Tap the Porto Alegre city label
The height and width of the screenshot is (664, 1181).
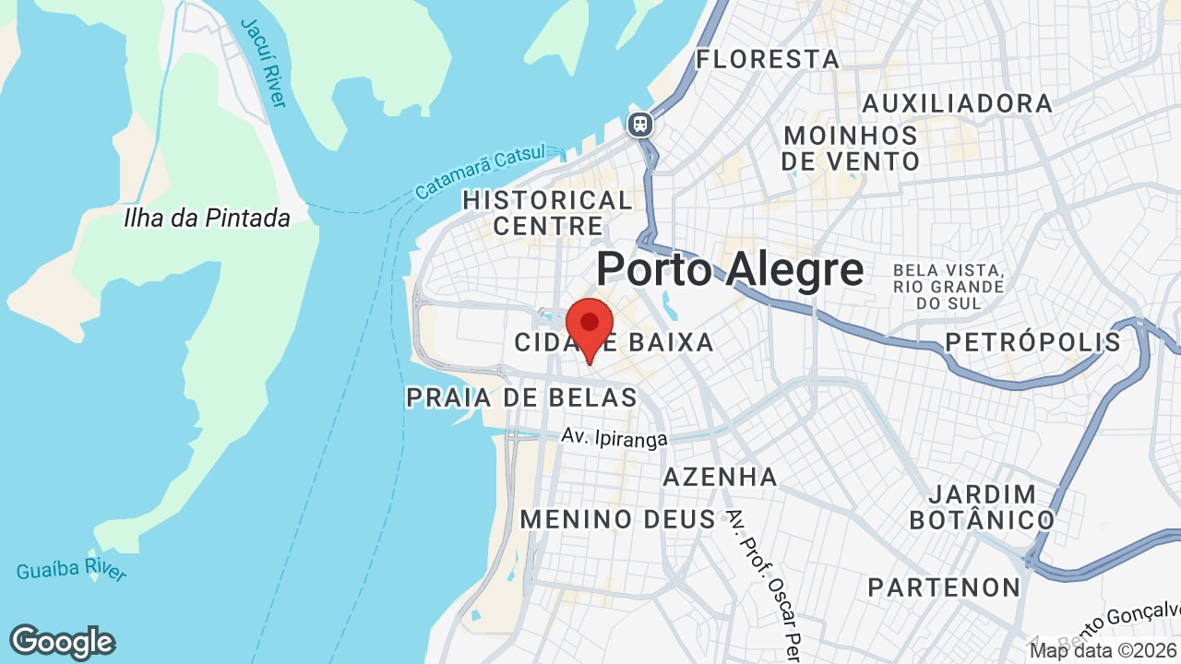tap(730, 269)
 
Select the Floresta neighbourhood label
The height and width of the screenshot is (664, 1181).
tap(768, 60)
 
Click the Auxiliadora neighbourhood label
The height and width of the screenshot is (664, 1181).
tap(957, 103)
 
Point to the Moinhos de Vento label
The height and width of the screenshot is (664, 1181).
tap(851, 148)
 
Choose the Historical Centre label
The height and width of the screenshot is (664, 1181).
tap(547, 212)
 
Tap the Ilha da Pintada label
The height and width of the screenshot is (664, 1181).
tap(207, 219)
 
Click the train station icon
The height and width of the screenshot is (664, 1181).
tap(639, 125)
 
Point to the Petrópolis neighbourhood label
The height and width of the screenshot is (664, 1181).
tap(1032, 343)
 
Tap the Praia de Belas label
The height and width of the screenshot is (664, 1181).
tap(521, 397)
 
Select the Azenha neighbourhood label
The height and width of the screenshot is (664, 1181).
tap(721, 477)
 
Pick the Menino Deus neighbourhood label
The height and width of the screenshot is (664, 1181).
tap(618, 519)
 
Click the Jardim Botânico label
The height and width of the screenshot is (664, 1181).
tap(982, 507)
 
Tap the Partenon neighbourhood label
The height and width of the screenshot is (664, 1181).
tap(944, 587)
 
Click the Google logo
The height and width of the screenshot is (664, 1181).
tap(62, 642)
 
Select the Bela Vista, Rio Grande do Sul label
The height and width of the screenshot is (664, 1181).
tap(948, 287)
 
